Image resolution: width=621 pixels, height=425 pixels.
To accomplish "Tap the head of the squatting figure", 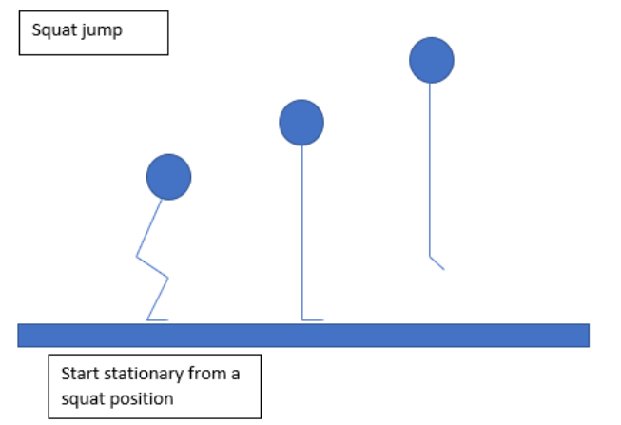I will [x=168, y=177].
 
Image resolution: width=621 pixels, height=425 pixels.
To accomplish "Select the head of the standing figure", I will [x=301, y=122].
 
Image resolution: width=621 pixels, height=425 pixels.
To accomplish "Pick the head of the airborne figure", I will [x=431, y=60].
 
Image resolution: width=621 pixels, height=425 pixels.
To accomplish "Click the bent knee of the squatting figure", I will [x=167, y=277].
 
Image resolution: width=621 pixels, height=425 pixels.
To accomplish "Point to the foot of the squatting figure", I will [x=158, y=320].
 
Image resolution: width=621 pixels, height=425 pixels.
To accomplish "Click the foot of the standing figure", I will [x=313, y=319].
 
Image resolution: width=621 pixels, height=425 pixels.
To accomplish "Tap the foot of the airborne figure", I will [x=437, y=263].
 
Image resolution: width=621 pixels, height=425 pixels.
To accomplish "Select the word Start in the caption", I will [x=79, y=374].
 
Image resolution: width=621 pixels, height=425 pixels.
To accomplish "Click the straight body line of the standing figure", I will [x=302, y=228].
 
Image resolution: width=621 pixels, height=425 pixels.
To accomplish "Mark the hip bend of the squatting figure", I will [x=138, y=256].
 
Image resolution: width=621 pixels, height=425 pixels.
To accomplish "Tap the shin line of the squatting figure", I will [x=157, y=299].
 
